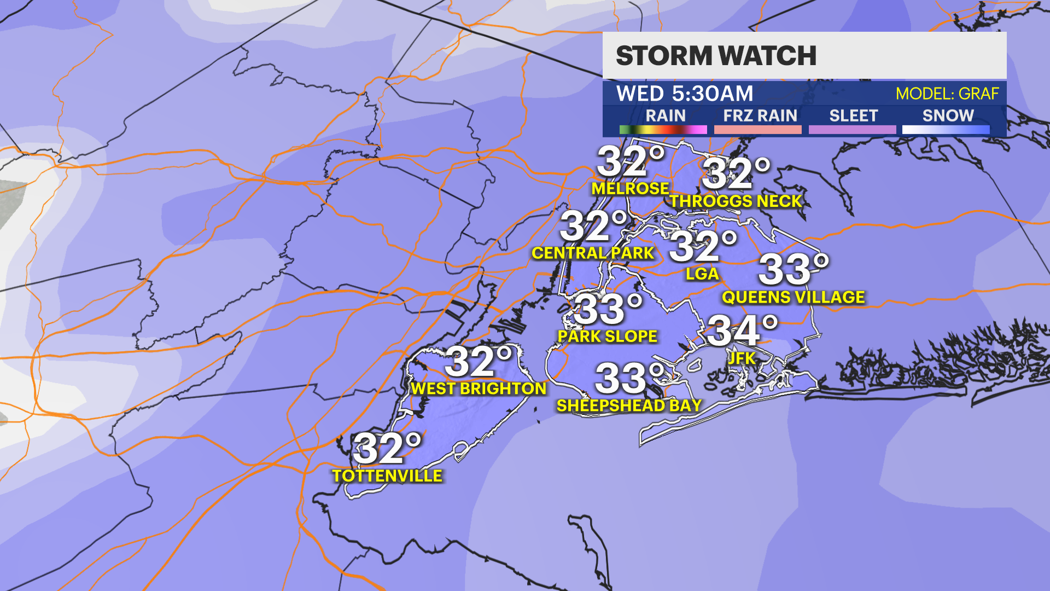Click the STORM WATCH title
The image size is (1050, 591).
[x=716, y=56]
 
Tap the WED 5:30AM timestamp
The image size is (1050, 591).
[x=685, y=94]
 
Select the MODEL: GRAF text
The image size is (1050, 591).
[x=947, y=94]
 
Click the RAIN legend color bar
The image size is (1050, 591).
[x=663, y=130]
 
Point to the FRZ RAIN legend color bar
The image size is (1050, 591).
[x=757, y=130]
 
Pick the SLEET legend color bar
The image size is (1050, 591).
[x=852, y=130]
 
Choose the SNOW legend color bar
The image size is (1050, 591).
[x=946, y=130]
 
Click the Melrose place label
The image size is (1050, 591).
[x=630, y=189]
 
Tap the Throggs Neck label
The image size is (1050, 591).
[x=736, y=201]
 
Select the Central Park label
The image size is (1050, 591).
[x=593, y=253]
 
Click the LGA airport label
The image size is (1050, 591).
[x=702, y=274]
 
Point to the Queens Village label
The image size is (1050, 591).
[x=794, y=297]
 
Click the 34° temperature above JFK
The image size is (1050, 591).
[x=742, y=331]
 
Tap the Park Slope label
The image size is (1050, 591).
[x=608, y=336]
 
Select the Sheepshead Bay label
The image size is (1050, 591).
[x=629, y=405]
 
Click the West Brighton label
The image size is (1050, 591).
[x=479, y=389]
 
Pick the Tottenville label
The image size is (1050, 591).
[x=387, y=476]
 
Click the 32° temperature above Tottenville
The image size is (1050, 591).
[x=387, y=449]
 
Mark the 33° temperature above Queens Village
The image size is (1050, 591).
[x=793, y=270]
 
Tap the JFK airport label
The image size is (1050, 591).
[x=742, y=358]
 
